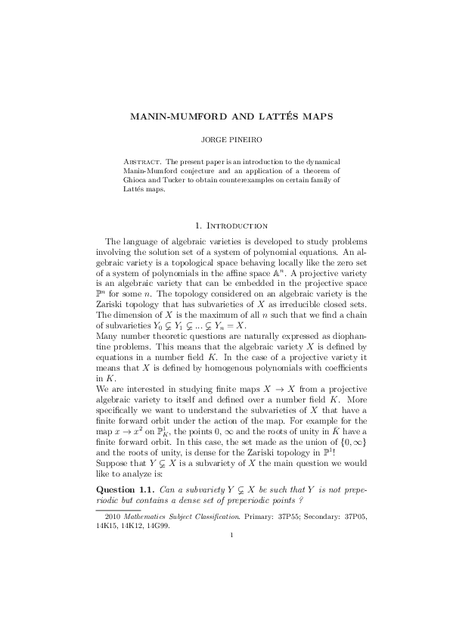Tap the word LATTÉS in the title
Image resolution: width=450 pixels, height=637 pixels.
point(259,118)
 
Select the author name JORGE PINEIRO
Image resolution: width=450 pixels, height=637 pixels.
point(225,141)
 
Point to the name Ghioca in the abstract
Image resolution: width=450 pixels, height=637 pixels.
point(135,181)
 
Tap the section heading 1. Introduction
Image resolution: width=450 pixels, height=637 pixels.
point(225,225)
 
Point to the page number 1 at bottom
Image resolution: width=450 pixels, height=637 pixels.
point(225,538)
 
